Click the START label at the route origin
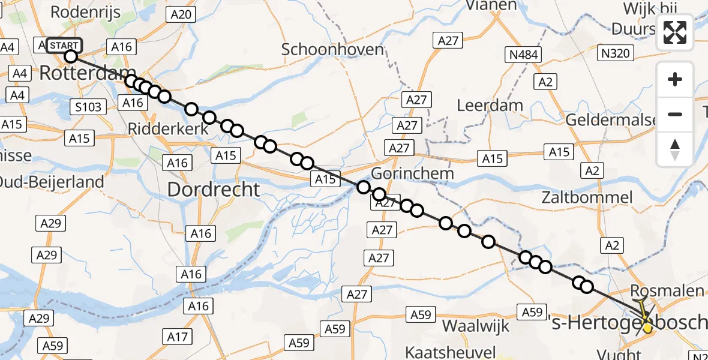62,46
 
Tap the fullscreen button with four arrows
675,32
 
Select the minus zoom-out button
675,114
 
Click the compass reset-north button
675,149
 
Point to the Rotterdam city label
86,74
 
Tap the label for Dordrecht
214,190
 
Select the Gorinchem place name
413,173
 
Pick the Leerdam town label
490,106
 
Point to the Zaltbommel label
587,197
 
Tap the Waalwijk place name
475,326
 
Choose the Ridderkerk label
168,129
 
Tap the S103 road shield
88,107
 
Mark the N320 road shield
615,54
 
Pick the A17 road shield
178,337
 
